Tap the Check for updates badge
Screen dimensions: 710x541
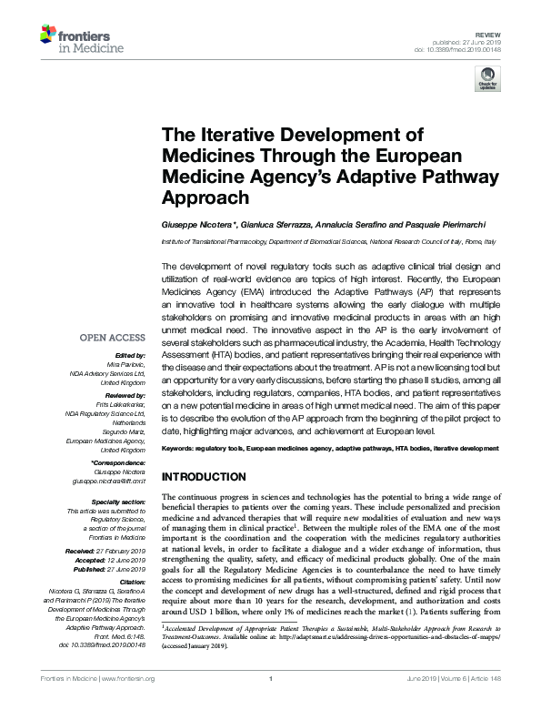point(489,84)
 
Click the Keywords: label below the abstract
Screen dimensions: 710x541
point(177,450)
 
